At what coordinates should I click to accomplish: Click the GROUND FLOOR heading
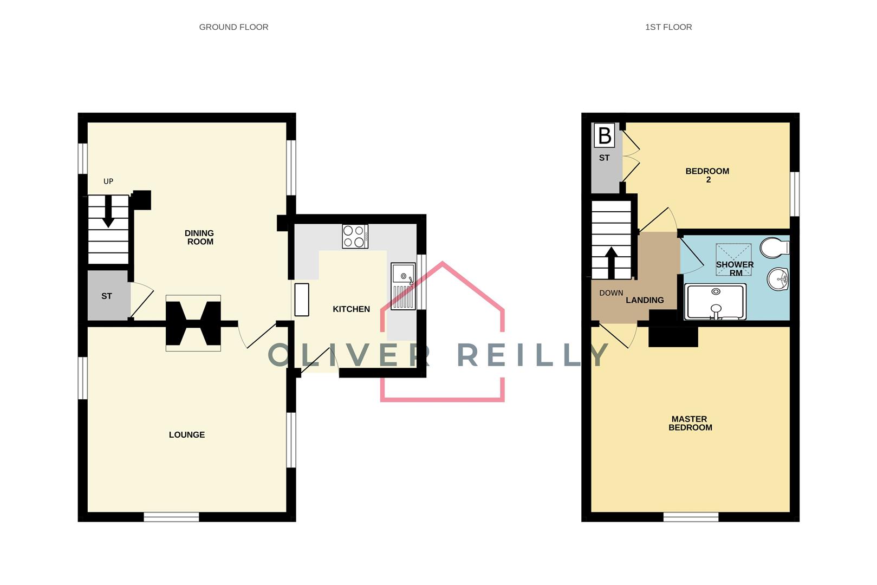tap(233, 27)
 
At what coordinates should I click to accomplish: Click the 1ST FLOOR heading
tap(668, 27)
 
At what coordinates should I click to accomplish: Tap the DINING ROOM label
tap(199, 237)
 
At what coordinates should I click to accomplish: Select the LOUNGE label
tap(187, 434)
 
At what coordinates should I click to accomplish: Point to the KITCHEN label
tap(351, 309)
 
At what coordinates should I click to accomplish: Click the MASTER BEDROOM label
tap(690, 423)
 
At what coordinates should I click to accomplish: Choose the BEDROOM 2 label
tap(707, 175)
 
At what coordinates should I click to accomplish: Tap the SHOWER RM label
tap(735, 269)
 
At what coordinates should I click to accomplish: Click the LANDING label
tap(645, 300)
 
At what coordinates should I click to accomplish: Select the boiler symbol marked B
tap(605, 135)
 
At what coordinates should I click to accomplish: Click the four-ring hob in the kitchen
tap(355, 236)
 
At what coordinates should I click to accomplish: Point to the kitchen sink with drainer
tap(403, 287)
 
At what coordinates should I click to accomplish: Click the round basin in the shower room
tap(778, 279)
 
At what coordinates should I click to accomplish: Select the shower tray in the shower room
tap(716, 302)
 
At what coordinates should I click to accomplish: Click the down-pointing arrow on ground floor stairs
tap(108, 211)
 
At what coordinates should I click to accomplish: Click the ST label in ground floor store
tap(107, 296)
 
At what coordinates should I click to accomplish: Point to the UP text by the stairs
tap(108, 181)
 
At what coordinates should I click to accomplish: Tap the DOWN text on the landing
tap(611, 293)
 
